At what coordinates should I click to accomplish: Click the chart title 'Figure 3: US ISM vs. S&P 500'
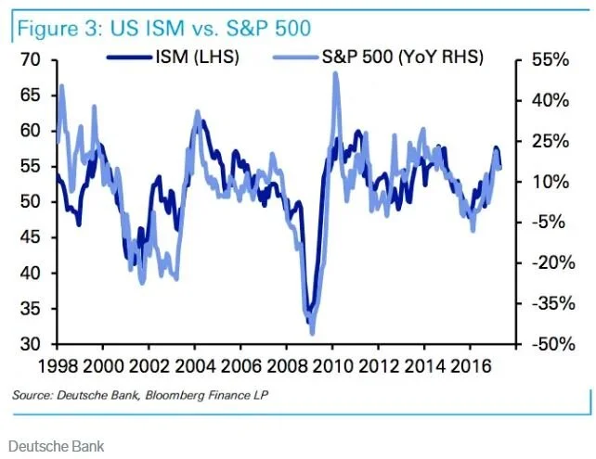pyautogui.click(x=163, y=29)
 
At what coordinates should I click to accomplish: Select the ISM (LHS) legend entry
pyautogui.click(x=173, y=57)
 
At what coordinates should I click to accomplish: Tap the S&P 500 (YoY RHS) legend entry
pyautogui.click(x=378, y=57)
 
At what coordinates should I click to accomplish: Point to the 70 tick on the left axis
pyautogui.click(x=30, y=59)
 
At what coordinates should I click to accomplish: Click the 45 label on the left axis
pyautogui.click(x=30, y=237)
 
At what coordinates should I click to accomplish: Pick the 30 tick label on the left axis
pyautogui.click(x=30, y=344)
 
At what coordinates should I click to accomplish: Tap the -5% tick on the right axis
pyautogui.click(x=549, y=223)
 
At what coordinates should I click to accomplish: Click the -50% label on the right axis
pyautogui.click(x=553, y=344)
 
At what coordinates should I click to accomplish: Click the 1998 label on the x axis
pyautogui.click(x=58, y=366)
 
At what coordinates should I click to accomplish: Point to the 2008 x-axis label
pyautogui.click(x=288, y=366)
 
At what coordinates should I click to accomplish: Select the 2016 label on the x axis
pyautogui.click(x=471, y=366)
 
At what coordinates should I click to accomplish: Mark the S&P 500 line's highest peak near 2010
pyautogui.click(x=335, y=73)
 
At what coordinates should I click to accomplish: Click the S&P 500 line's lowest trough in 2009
pyautogui.click(x=313, y=334)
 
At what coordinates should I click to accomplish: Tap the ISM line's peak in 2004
pyautogui.click(x=203, y=121)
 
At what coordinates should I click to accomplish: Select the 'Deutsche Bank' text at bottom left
pyautogui.click(x=57, y=446)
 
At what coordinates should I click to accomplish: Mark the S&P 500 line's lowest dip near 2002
pyautogui.click(x=143, y=283)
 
